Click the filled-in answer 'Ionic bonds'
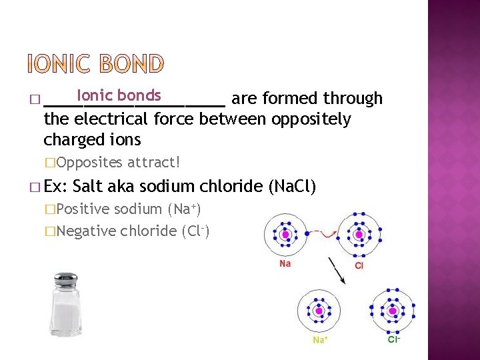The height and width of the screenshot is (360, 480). [119, 95]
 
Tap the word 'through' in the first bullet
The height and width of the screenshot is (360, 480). [353, 99]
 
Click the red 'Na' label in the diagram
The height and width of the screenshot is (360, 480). [285, 264]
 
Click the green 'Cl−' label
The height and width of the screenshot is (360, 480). [394, 339]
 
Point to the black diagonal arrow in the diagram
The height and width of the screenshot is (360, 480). [336, 270]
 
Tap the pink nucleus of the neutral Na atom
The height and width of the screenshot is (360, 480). [285, 235]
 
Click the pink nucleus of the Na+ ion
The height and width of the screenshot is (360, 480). [319, 311]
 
